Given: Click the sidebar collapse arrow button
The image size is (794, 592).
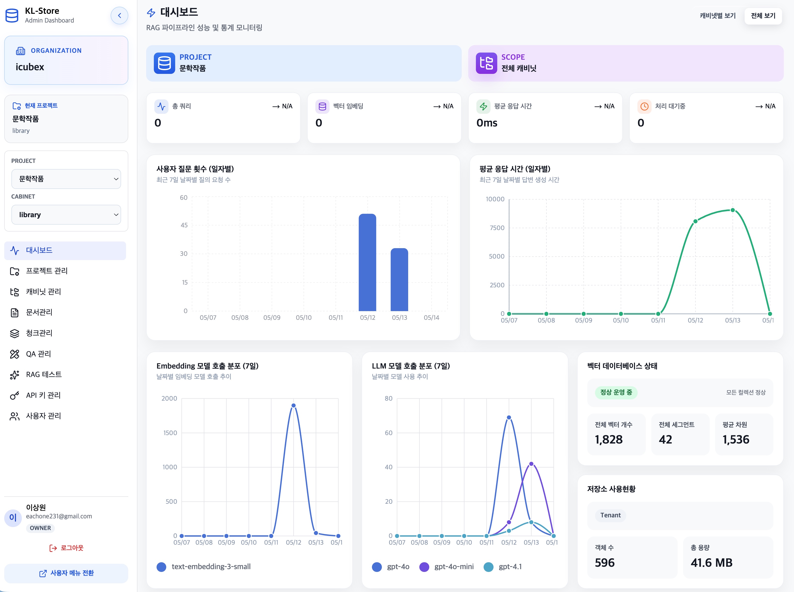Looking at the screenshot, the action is [x=119, y=15].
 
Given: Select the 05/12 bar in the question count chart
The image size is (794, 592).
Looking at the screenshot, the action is [x=367, y=262].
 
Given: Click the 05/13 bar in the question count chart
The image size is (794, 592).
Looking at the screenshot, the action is [x=399, y=280].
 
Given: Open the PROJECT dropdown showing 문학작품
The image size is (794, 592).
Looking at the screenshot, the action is [x=66, y=179].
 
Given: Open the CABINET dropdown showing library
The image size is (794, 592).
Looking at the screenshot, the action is [x=66, y=215].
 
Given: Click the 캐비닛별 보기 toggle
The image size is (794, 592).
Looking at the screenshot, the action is [x=718, y=16].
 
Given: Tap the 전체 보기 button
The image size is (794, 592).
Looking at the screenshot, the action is [x=763, y=16].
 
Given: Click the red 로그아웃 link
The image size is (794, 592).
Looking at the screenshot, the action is [x=66, y=548].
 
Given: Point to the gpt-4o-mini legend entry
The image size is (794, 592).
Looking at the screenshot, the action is [x=446, y=566].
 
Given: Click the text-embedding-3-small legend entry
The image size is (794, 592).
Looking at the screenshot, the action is [x=204, y=566].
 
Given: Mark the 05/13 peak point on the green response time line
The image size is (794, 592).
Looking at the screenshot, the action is [x=733, y=210].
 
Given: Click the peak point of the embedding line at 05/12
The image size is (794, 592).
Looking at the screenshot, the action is [x=293, y=405].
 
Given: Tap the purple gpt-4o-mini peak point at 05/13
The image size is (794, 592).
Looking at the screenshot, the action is [x=531, y=464].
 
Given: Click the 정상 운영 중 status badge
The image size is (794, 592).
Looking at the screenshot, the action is [x=616, y=392].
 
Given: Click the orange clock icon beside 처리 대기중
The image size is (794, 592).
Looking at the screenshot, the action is [x=644, y=106].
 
